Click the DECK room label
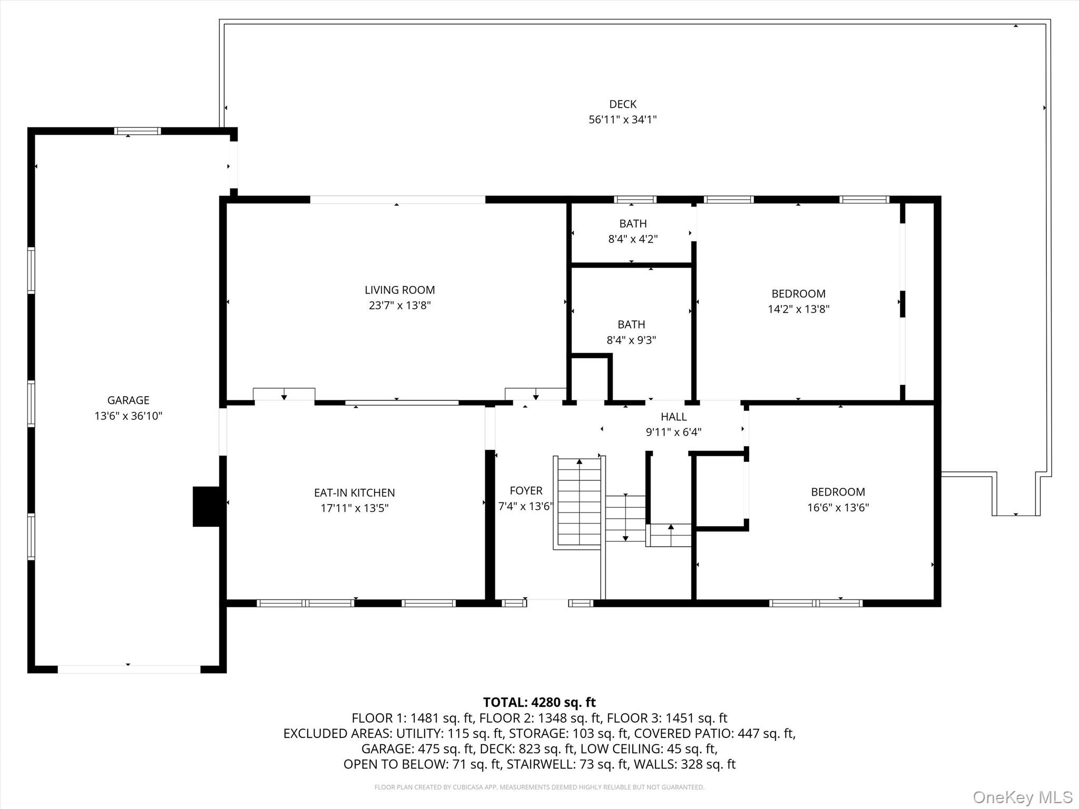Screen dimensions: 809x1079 [622, 104]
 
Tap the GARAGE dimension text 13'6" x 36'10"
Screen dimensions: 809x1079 [128, 416]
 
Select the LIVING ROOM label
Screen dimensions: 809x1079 [399, 290]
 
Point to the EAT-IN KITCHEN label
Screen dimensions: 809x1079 [354, 492]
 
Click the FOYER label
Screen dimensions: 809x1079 [526, 491]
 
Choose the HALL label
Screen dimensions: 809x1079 [673, 417]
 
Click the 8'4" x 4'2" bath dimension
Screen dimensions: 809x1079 [633, 239]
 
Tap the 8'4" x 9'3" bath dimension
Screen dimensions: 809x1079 [631, 340]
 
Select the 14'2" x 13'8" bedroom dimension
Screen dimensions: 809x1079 [798, 309]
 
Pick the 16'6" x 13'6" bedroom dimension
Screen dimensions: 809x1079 [838, 508]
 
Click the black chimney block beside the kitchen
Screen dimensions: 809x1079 [207, 506]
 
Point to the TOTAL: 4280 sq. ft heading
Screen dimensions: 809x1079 [539, 702]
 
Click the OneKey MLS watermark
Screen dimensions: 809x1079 [1022, 797]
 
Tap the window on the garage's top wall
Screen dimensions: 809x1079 [138, 131]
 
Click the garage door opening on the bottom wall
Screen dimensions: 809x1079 [129, 669]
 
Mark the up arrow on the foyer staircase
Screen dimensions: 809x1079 [580, 462]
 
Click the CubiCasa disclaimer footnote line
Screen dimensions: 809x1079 [539, 787]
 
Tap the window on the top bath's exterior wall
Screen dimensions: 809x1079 [635, 200]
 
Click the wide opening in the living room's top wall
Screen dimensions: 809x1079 [397, 200]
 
